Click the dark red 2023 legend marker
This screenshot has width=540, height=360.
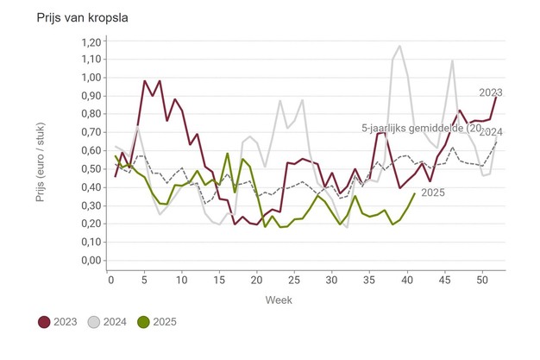[x=46, y=322]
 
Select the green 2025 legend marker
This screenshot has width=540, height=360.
[x=145, y=322]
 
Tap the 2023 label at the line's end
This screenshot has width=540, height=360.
[x=491, y=92]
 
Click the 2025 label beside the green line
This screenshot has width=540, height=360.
[x=433, y=193]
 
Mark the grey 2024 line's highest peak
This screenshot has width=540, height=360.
[x=400, y=47]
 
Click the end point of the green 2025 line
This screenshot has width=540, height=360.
[x=415, y=193]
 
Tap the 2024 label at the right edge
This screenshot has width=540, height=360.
[x=492, y=133]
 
